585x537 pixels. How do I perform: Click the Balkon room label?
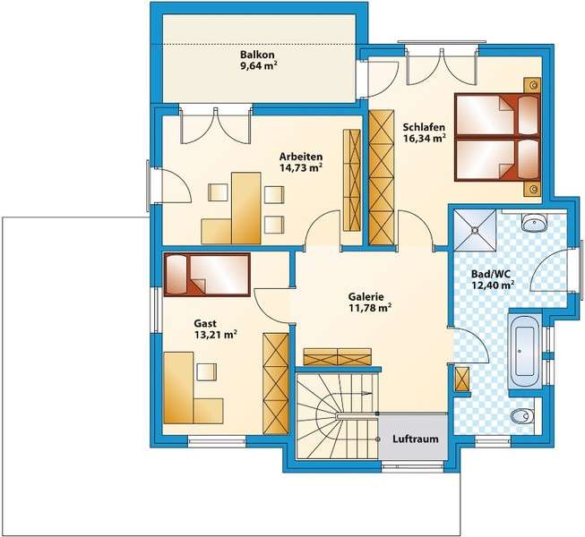pos(257,55)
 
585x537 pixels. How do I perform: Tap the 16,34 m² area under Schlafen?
pos(425,138)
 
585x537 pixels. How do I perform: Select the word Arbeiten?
pos(301,157)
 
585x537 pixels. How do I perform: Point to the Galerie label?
pos(366,297)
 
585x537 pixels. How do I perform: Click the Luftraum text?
pos(416,439)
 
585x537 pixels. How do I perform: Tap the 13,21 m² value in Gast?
pos(215,335)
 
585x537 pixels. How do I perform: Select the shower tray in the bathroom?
pos(475,229)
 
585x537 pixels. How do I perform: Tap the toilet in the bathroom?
pos(525,415)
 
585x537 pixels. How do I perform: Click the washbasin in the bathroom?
pos(534,223)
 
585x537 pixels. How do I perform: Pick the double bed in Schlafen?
pos(497,137)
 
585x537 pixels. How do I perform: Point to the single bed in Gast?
pos(207,275)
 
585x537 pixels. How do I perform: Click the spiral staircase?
pos(337,416)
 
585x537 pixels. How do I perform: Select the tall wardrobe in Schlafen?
pos(382,177)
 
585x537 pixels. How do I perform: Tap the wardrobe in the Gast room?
pos(276,383)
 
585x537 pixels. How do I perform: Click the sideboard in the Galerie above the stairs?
pos(337,356)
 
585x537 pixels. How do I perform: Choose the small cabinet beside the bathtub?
pos(462,379)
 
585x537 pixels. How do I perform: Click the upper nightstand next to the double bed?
pos(532,85)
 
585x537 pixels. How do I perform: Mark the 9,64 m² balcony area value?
pos(259,66)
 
